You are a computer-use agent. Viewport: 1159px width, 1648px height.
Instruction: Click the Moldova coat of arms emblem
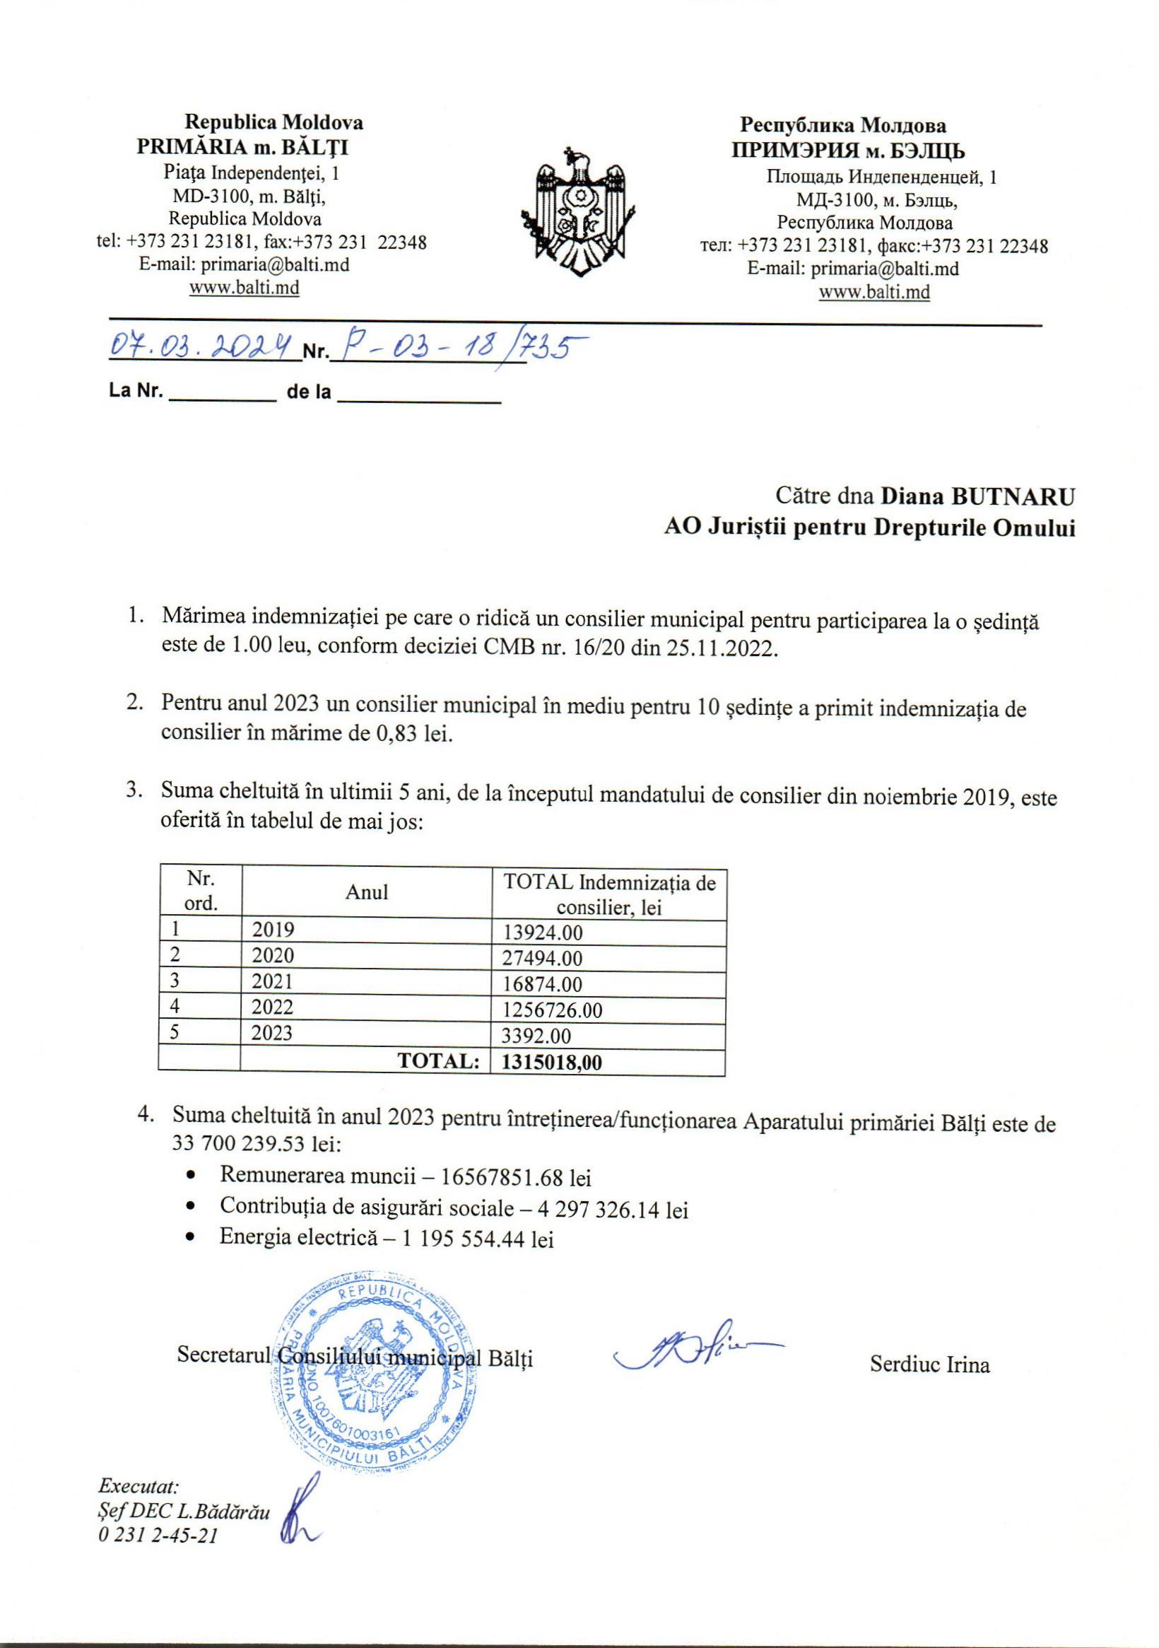578,215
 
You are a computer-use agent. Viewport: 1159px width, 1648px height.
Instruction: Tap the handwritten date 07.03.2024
203,349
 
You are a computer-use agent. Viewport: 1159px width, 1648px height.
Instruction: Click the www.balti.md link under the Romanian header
244,288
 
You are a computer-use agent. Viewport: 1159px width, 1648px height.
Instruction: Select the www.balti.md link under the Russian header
874,292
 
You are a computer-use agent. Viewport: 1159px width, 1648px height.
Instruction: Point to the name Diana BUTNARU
978,496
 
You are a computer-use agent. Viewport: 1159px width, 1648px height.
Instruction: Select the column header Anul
367,892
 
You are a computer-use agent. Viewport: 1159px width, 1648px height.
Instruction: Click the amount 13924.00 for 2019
543,933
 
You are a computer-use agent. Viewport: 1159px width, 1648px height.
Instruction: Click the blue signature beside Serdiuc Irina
695,1352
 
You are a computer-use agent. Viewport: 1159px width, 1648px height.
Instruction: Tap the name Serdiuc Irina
929,1364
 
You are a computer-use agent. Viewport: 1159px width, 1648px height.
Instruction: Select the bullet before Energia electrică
191,1237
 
